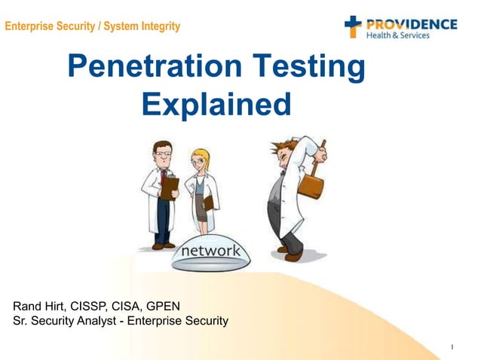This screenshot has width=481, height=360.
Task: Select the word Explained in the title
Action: coord(216,104)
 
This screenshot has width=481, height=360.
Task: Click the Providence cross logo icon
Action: coord(353,27)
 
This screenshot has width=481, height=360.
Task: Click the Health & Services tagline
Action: coord(397,35)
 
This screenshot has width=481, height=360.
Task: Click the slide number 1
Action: coord(451,347)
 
